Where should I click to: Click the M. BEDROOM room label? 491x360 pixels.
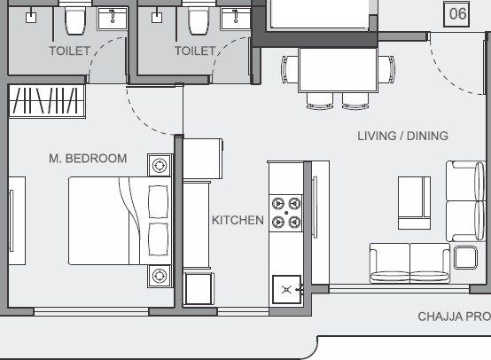click(x=88, y=159)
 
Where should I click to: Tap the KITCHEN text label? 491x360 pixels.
click(x=238, y=220)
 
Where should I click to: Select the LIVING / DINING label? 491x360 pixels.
click(x=402, y=137)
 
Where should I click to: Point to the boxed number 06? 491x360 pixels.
click(x=456, y=13)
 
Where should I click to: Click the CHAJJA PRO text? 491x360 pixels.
click(x=454, y=317)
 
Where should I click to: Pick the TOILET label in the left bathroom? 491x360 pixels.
click(x=69, y=51)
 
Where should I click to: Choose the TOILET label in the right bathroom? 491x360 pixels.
click(x=195, y=51)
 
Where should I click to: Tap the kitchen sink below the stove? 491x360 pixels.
click(x=287, y=288)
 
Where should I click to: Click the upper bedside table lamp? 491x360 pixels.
click(x=160, y=166)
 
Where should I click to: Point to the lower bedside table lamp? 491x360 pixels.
click(x=160, y=275)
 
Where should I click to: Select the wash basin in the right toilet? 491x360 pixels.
click(x=237, y=18)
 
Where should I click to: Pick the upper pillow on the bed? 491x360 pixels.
click(x=159, y=202)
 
